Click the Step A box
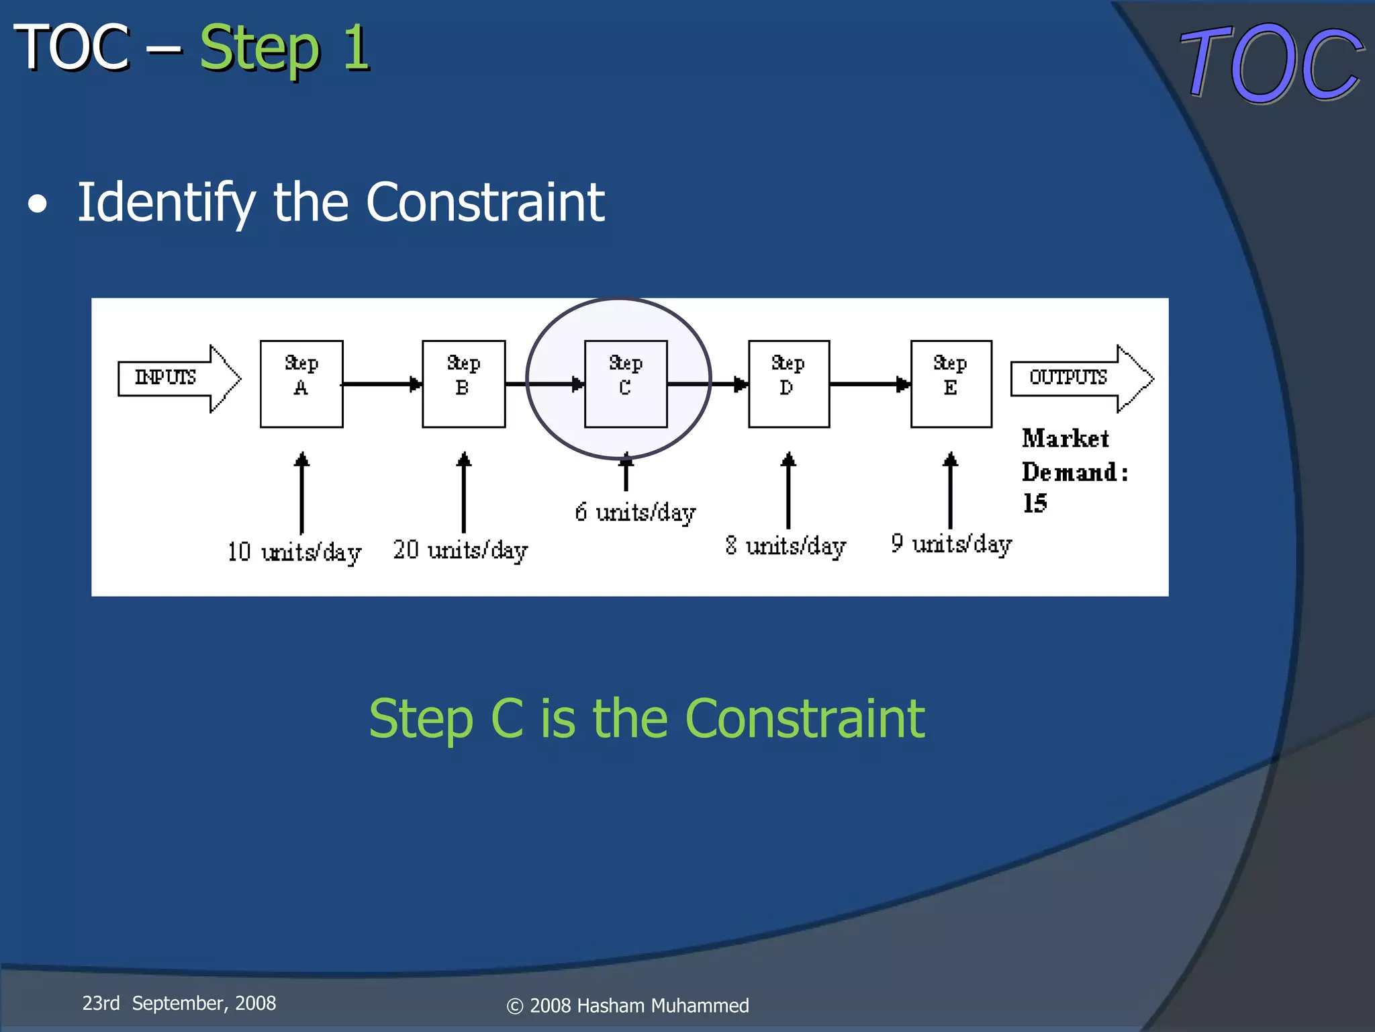pos(301,384)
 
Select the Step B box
pos(463,384)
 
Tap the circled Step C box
pos(626,384)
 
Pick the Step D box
pos(789,384)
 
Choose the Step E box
pos(951,384)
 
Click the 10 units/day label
pos(294,552)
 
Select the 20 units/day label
pos(461,550)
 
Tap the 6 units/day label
pos(635,513)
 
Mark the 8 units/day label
pos(785,546)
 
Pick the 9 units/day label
pos(951,544)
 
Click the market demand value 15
pos(1035,503)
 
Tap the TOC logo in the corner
pos(1272,64)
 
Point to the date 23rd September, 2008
pos(179,1003)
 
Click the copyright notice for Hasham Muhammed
pos(628,1006)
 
